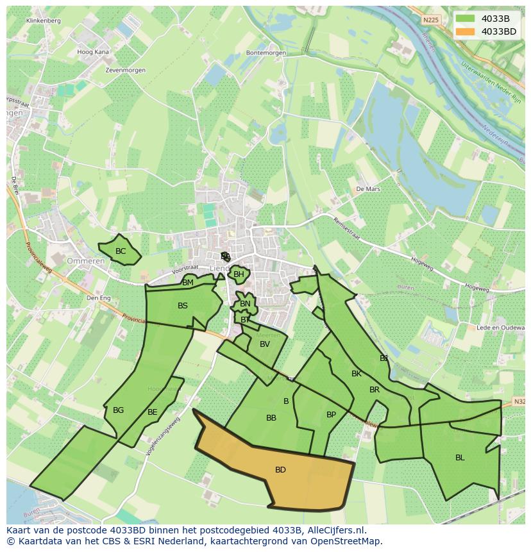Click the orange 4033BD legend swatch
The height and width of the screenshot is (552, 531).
tap(466, 31)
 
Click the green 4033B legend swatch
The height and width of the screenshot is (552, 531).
tap(466, 19)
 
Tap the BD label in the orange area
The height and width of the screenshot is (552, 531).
tap(280, 470)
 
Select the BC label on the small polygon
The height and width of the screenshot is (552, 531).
tap(121, 251)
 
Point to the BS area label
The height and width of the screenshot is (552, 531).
tap(183, 306)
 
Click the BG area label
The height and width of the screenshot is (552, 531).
tap(118, 410)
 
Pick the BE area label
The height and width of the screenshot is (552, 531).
tap(152, 412)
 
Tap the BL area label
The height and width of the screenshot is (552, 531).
tap(460, 457)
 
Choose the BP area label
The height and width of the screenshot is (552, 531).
tap(331, 415)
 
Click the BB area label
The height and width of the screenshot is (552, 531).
tap(271, 418)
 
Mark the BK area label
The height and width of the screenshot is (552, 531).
tap(357, 374)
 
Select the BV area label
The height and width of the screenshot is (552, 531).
tap(265, 344)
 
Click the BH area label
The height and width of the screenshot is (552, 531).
tap(239, 274)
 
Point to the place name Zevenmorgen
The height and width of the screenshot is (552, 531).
tap(126, 70)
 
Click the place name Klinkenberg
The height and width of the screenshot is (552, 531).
tap(44, 21)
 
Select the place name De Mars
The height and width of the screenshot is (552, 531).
tap(368, 189)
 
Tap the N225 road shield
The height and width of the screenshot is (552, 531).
tap(432, 20)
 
